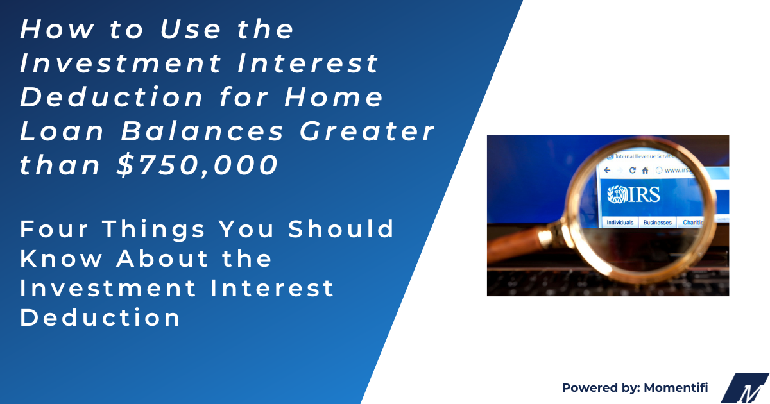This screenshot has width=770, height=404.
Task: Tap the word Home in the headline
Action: (x=343, y=98)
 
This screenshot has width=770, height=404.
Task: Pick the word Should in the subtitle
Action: (x=341, y=229)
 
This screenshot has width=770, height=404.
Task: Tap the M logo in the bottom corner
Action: (x=746, y=389)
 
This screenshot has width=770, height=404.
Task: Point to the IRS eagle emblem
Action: (x=617, y=195)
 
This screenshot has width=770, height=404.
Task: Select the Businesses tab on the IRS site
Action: (x=658, y=223)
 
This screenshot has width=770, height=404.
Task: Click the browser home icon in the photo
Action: (x=645, y=171)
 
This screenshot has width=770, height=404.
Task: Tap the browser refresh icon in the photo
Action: (x=632, y=171)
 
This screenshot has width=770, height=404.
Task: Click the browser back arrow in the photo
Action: (x=607, y=171)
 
